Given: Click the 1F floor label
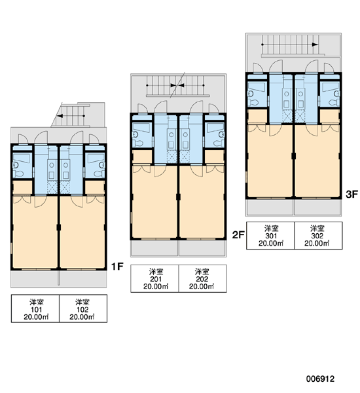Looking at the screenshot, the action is (117, 266).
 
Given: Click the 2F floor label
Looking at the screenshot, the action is (238, 235).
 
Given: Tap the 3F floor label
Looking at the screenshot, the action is (351, 194).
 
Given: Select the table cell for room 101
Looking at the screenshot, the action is (35, 309).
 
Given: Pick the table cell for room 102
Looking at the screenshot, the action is (83, 309).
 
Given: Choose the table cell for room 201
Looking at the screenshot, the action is (155, 278).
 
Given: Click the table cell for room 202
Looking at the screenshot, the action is (203, 278).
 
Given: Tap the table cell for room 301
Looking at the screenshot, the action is (270, 235).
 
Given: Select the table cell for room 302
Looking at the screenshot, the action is (318, 235).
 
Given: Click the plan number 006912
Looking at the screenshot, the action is (320, 379).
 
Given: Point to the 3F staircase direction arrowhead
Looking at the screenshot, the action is (315, 45).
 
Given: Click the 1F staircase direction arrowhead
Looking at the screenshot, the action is (60, 116).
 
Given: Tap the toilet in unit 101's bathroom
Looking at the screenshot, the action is (19, 174).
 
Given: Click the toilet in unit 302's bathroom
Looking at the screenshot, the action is (334, 102).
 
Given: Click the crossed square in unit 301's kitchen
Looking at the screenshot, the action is (287, 117).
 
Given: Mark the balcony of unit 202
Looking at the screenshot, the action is (202, 248).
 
